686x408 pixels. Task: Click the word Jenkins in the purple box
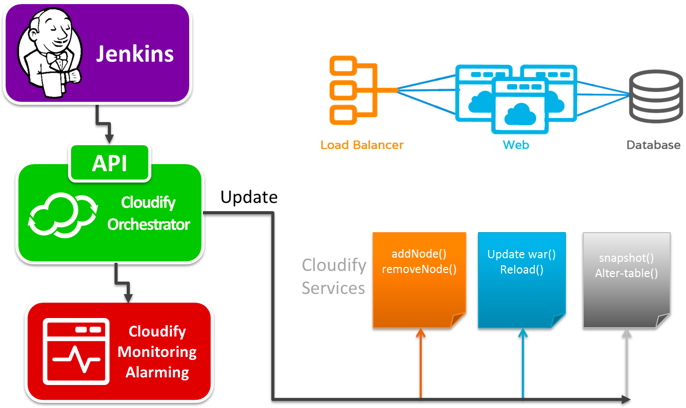click(x=135, y=54)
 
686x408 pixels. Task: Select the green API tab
click(x=110, y=163)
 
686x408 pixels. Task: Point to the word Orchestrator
click(x=149, y=224)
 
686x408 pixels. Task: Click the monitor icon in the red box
click(x=76, y=351)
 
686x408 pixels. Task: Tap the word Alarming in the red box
click(x=157, y=372)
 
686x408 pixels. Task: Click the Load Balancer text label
click(x=362, y=145)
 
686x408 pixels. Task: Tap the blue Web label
click(x=516, y=145)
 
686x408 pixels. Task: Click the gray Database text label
click(x=653, y=145)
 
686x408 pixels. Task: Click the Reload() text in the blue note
click(x=521, y=269)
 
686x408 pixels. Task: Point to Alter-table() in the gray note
click(x=626, y=273)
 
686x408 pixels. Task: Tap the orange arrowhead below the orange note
click(x=421, y=333)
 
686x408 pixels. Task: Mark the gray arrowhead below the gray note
click(x=627, y=333)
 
